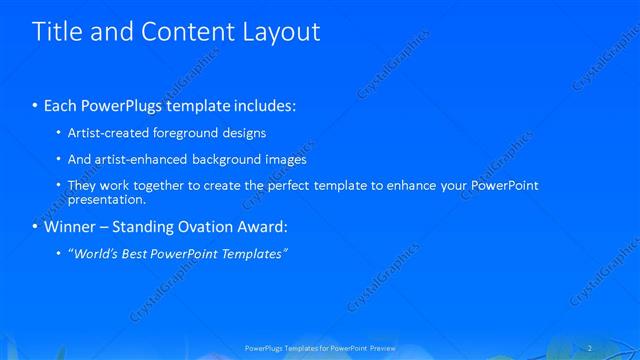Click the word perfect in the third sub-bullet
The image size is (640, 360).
pyautogui.click(x=289, y=186)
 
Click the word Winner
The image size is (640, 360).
pyautogui.click(x=71, y=227)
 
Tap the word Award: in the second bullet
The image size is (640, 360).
pyautogui.click(x=261, y=227)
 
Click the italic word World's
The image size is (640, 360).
pyautogui.click(x=92, y=254)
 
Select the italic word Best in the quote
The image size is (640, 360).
pyautogui.click(x=134, y=254)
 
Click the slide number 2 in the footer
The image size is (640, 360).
pyautogui.click(x=593, y=348)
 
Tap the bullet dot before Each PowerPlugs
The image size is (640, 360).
pyautogui.click(x=36, y=105)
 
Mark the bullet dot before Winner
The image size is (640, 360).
pyautogui.click(x=36, y=227)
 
